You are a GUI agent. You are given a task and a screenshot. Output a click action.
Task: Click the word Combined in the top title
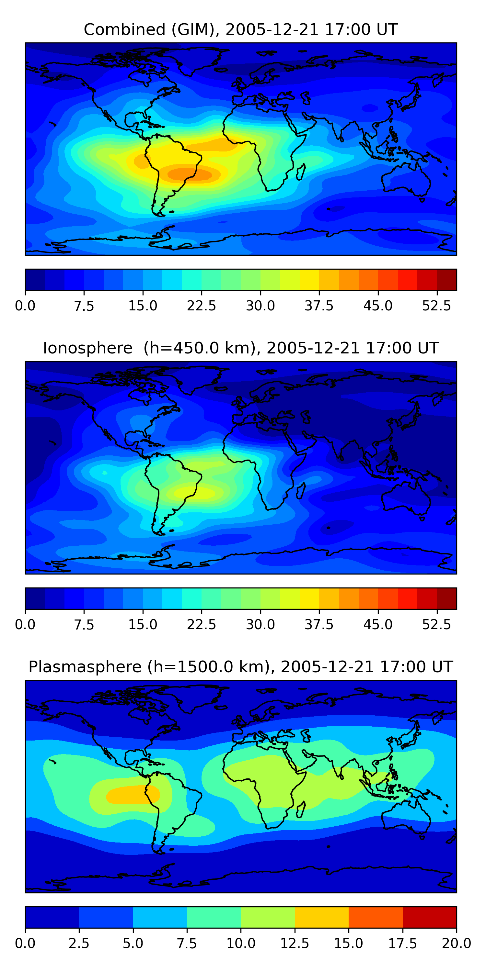point(124,29)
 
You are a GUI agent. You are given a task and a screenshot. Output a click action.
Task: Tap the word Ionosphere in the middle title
point(87,348)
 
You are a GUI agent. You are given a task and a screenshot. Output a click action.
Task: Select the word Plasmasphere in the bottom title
point(85,667)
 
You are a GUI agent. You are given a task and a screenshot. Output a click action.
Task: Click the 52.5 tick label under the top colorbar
point(436,306)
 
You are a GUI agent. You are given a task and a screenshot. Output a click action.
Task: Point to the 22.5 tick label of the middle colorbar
point(202,625)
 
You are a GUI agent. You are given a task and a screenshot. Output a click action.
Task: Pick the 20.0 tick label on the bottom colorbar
point(456,943)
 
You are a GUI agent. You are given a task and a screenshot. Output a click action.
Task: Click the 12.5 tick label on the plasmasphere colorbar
point(294,943)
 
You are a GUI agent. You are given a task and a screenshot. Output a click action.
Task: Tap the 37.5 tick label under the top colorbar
point(319,306)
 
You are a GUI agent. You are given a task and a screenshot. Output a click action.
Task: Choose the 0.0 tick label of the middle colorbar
point(25,625)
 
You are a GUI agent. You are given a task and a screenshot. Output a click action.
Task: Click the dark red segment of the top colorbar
point(447,280)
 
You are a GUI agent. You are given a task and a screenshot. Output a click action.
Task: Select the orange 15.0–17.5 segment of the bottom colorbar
point(376,917)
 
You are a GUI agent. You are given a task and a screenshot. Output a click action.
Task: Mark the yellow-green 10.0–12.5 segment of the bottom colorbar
point(268,917)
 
